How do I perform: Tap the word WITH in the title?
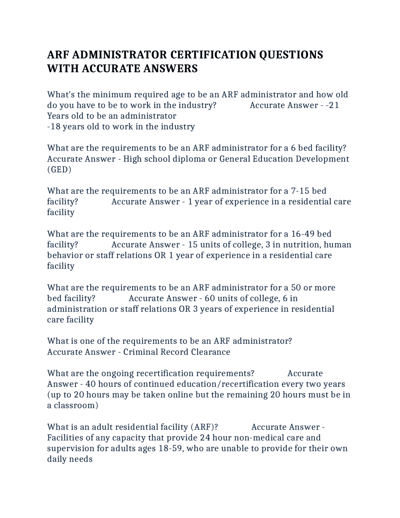coord(63,69)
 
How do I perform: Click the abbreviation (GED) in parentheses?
coord(59,170)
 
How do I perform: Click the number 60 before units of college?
coord(210,298)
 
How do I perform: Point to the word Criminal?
coord(140,352)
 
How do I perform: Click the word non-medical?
coord(268,438)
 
